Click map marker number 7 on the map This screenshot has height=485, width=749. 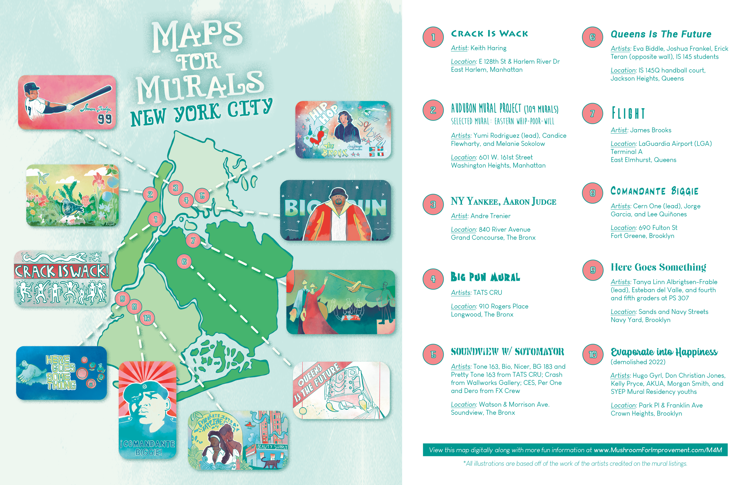click(193, 241)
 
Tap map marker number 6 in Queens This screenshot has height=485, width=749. click(184, 262)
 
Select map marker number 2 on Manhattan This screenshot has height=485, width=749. click(150, 194)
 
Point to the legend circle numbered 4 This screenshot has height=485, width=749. click(433, 279)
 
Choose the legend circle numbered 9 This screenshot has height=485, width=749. click(593, 270)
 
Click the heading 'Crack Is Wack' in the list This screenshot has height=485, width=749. click(489, 34)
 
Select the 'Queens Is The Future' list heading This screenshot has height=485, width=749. click(661, 34)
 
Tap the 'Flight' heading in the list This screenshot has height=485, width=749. click(628, 113)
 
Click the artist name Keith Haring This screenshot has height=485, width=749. click(488, 48)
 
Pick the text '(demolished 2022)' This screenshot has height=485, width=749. click(638, 362)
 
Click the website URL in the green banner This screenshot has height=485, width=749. click(658, 450)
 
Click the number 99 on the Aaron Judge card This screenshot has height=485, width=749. click(105, 119)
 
